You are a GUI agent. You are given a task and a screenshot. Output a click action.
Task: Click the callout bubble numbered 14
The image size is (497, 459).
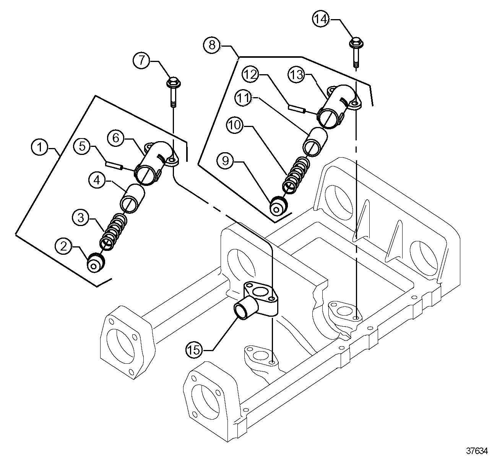coord(321,19)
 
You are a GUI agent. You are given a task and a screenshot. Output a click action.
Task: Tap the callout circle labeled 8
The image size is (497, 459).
coord(212,45)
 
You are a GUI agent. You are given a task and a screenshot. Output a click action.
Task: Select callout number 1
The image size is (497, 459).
coord(40,147)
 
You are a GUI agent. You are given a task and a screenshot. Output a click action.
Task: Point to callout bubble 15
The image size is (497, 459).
coord(194,350)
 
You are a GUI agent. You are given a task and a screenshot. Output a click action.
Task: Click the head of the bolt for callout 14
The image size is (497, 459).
coord(356,43)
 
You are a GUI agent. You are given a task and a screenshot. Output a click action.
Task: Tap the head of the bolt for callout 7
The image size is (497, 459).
coord(174,82)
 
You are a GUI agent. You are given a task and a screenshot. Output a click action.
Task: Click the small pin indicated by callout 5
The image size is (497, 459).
coord(114,165)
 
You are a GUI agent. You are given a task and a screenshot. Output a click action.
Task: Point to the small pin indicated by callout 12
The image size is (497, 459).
coord(297,109)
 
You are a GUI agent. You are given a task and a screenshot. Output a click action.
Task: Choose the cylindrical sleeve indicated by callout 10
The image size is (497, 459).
coord(315,142)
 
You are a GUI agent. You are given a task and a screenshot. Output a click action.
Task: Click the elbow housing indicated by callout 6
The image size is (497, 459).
coord(156,163)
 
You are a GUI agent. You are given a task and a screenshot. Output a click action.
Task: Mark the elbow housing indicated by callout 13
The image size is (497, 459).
coord(339,106)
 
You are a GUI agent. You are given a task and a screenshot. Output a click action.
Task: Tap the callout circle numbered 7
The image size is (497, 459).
coord(141,60)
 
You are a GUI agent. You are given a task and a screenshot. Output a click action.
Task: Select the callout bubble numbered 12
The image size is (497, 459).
coord(250,75)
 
